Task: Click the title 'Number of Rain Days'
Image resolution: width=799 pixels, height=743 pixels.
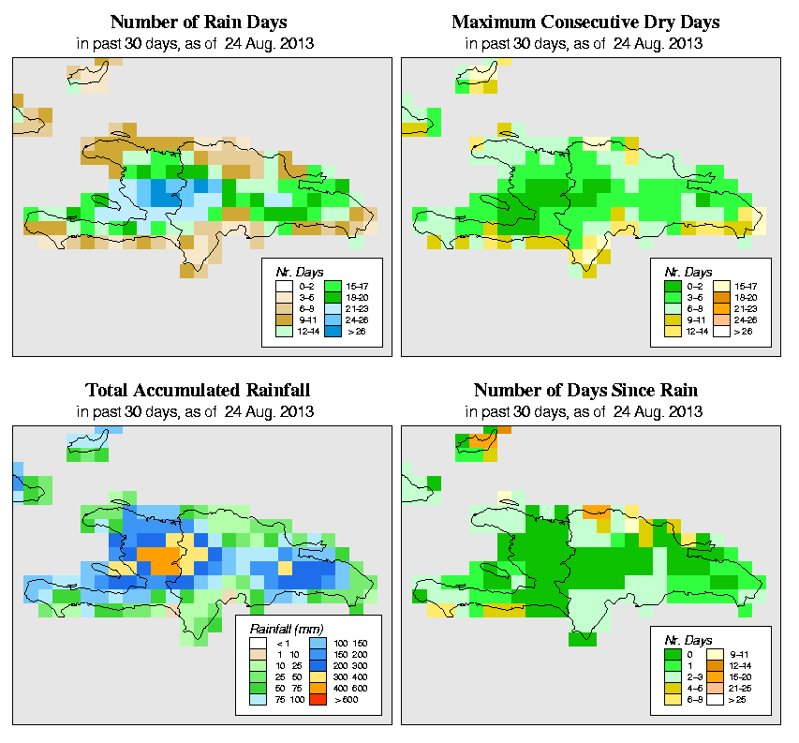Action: coord(198,22)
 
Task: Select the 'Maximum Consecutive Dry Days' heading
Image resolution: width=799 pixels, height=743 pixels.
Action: coord(585,22)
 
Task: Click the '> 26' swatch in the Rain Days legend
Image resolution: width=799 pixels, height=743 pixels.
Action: coord(332,332)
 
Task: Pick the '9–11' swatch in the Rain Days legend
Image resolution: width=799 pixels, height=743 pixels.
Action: coord(282,319)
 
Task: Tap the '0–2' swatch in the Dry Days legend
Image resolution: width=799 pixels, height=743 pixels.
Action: coord(672,283)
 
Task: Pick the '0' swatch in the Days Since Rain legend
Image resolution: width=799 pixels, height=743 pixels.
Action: coord(672,652)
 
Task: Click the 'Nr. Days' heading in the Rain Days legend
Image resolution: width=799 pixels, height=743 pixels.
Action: coord(293,271)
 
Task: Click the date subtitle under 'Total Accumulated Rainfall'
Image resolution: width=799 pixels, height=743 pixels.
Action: coord(198,411)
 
